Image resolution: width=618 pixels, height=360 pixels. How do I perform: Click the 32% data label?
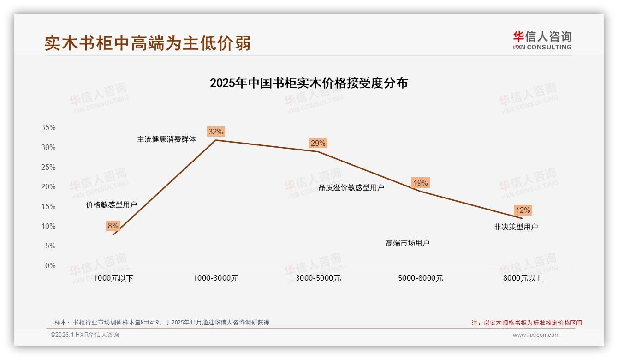215,132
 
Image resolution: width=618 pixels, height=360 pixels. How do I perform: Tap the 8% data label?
113,226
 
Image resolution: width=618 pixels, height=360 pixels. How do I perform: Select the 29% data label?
318,144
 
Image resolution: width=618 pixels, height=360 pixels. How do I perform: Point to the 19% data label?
420,183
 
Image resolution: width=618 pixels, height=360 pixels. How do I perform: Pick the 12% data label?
523,210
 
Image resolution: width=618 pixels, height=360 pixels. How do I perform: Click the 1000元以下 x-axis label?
113,278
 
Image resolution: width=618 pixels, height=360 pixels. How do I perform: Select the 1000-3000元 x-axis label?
216,278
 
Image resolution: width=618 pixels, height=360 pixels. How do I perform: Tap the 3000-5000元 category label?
318,278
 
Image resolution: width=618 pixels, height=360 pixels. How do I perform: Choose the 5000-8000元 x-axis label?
421,278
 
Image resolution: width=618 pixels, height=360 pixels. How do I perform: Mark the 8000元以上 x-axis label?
523,278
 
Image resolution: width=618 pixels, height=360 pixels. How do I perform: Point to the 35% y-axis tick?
48,128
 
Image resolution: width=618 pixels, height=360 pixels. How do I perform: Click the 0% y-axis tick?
50,266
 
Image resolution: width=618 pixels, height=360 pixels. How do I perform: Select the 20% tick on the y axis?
48,187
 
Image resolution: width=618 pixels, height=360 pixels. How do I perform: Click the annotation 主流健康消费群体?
166,139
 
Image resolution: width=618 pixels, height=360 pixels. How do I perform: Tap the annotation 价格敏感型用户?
112,205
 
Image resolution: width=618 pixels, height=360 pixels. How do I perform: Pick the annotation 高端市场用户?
408,243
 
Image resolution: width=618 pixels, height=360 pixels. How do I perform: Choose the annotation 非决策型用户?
516,227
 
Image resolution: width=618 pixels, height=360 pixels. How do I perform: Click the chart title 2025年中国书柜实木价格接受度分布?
309,83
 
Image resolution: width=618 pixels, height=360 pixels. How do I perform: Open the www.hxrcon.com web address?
536,335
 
